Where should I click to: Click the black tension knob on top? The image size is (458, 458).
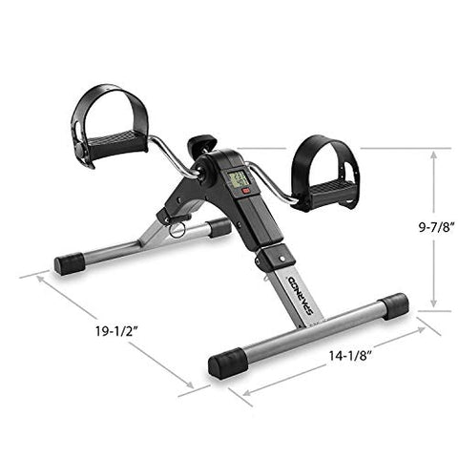coord(198,146)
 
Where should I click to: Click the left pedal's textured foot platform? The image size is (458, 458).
coord(115,145)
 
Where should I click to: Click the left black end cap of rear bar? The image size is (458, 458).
coord(70,263)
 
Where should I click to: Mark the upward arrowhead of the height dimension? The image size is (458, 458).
coord(432,153)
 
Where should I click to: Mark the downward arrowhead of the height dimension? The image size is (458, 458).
coord(432,305)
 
